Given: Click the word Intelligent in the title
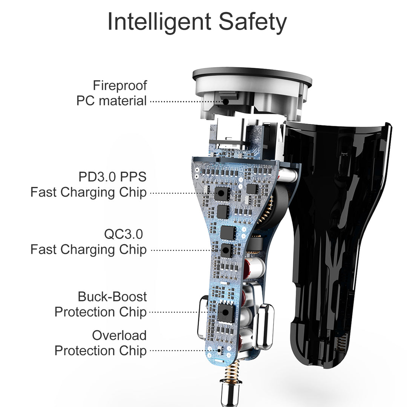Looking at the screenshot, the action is pyautogui.click(x=159, y=22).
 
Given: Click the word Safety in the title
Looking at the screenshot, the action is pyautogui.click(x=252, y=22).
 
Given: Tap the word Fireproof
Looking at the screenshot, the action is pyautogui.click(x=120, y=86).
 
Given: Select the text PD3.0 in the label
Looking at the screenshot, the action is pyautogui.click(x=97, y=177).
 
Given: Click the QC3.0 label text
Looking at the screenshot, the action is pyautogui.click(x=124, y=234).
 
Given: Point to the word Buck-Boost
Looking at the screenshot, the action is pyautogui.click(x=112, y=297).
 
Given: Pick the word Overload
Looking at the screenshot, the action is pyautogui.click(x=119, y=335).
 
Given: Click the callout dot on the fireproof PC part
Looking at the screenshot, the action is pyautogui.click(x=226, y=102).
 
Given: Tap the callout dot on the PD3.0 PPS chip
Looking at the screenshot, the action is pyautogui.click(x=221, y=193).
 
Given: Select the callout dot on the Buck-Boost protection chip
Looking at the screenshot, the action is pyautogui.click(x=225, y=312).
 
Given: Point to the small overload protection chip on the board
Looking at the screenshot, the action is pyautogui.click(x=220, y=351).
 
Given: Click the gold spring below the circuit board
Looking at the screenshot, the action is pyautogui.click(x=232, y=370).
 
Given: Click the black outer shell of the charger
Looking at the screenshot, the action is pyautogui.click(x=333, y=234).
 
